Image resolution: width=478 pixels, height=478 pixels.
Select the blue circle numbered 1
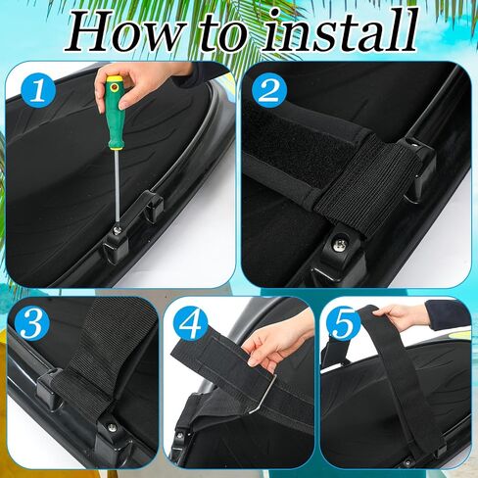point(39,90)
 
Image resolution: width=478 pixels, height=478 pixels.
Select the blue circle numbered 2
point(270,90)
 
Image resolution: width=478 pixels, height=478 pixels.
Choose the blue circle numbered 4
point(190,324)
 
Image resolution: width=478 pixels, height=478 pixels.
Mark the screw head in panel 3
point(112,426)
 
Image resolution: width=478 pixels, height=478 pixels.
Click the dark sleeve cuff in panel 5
point(448,313)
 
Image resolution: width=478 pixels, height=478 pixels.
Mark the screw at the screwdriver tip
point(118,230)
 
